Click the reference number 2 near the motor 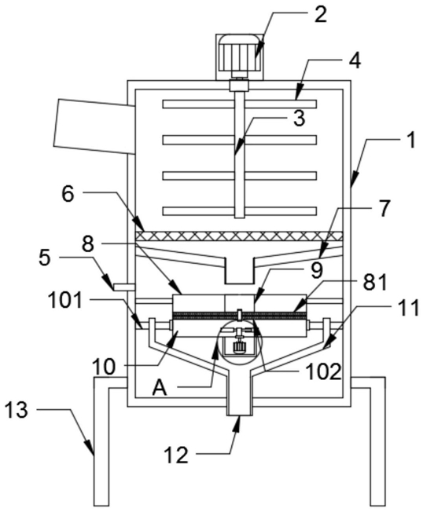(x=320, y=16)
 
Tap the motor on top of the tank (x=239, y=54)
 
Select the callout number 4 (x=354, y=60)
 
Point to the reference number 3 (x=299, y=119)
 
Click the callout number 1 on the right (x=411, y=140)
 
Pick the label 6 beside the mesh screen (x=68, y=194)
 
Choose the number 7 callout (x=384, y=208)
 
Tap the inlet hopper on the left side (x=94, y=126)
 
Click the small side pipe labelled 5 (x=124, y=287)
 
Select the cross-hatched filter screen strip (x=239, y=236)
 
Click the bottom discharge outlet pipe (x=239, y=395)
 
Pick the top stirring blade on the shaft (x=239, y=104)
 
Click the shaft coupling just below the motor (x=239, y=86)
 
